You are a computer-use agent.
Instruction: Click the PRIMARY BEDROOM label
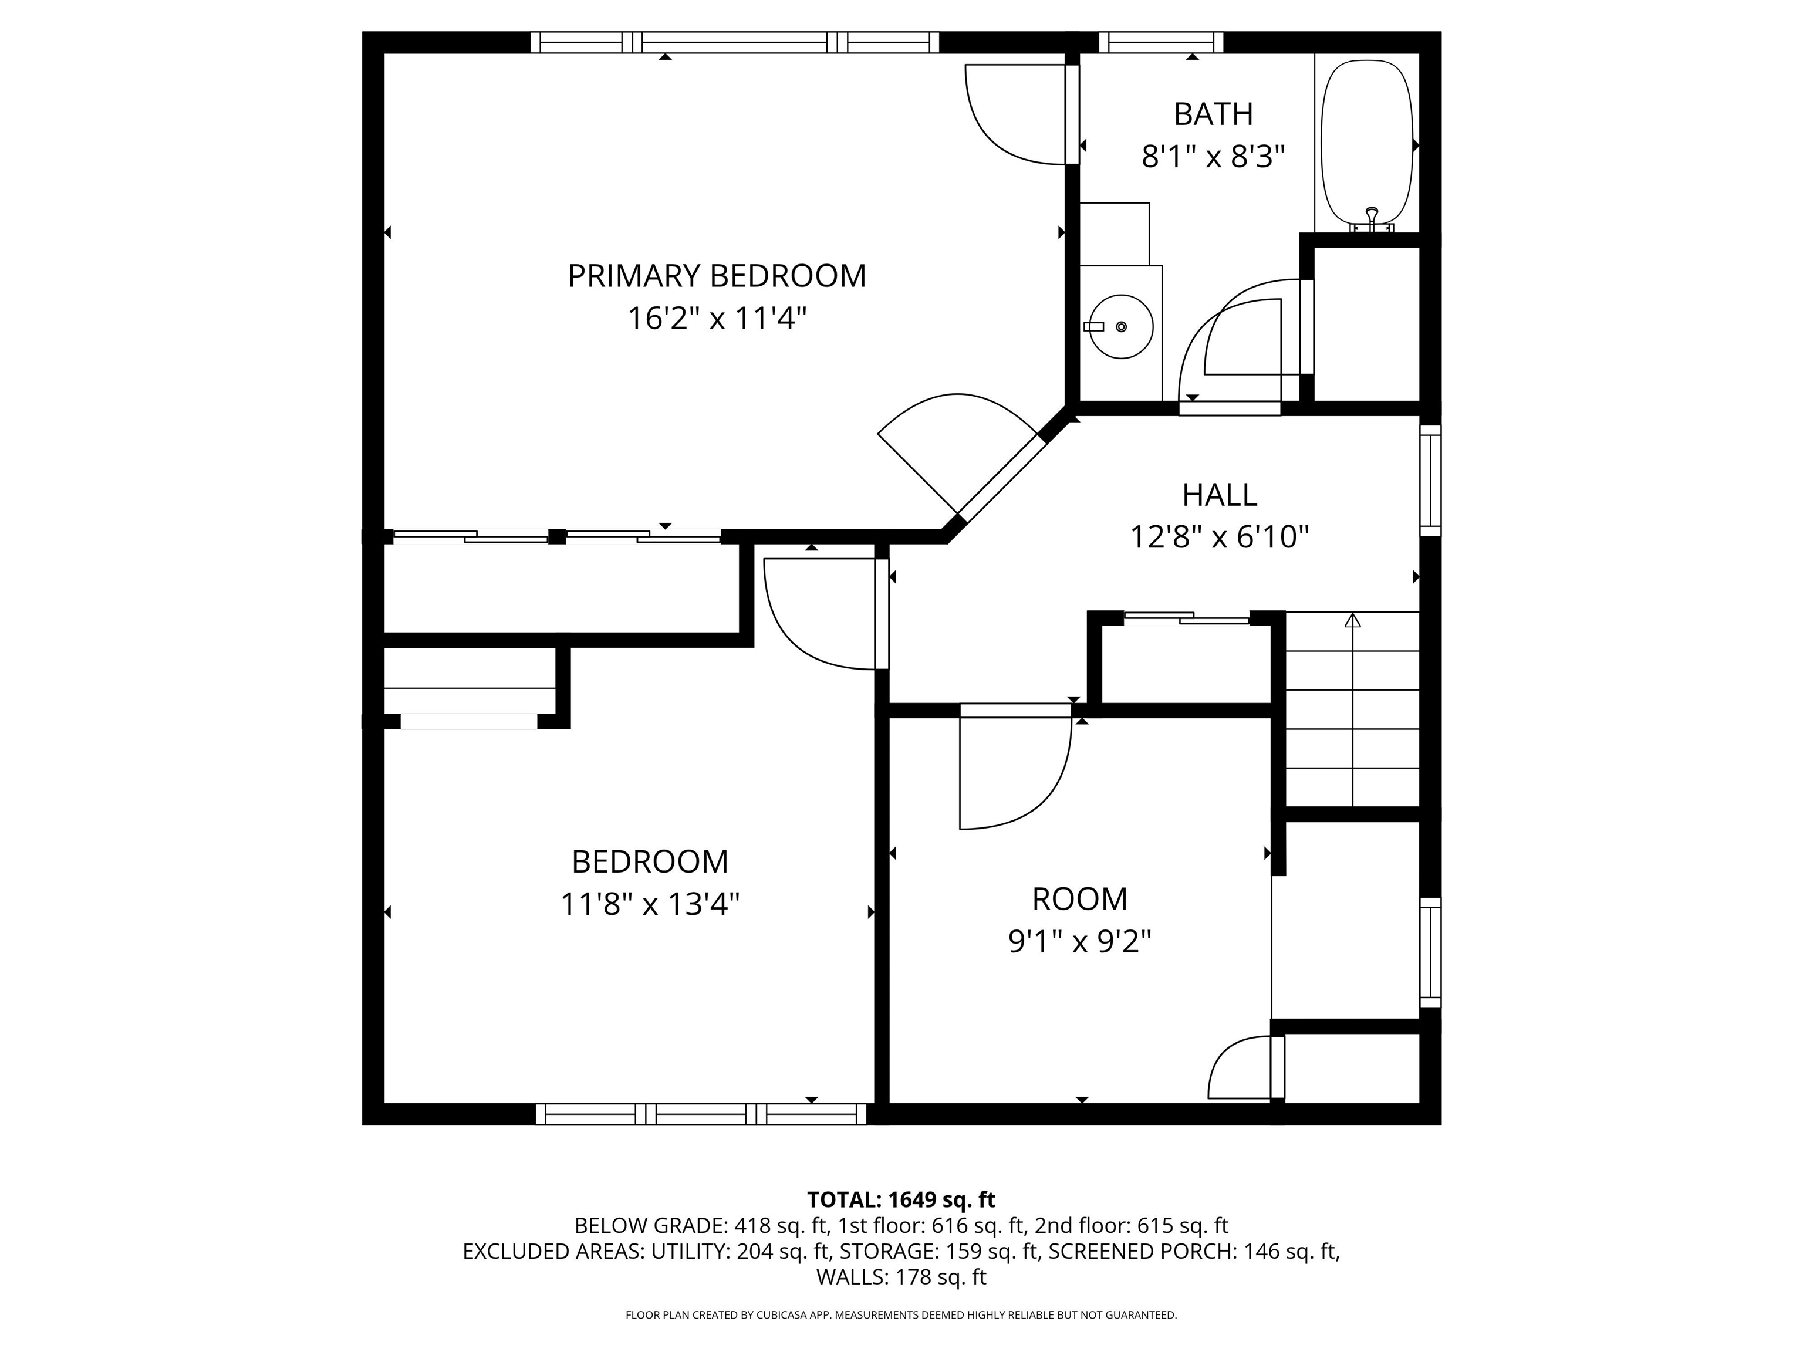click(717, 276)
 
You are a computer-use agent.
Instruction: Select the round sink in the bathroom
click(1122, 327)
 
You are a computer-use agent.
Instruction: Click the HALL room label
click(1220, 495)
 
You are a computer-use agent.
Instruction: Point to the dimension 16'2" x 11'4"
click(717, 319)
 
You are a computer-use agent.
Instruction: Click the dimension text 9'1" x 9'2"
click(1080, 942)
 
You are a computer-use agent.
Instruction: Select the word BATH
click(1213, 114)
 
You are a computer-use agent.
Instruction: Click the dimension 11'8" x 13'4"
click(650, 904)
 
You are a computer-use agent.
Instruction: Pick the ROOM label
click(1080, 900)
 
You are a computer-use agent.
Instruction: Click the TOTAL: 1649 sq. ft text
click(901, 1199)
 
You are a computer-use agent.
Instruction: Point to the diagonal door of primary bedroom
click(1002, 479)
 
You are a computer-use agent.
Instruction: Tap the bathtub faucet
click(1372, 218)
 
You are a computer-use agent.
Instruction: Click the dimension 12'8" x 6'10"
click(1220, 537)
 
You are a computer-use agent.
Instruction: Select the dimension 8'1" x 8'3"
click(1213, 157)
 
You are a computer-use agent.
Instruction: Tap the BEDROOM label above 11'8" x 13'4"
click(650, 861)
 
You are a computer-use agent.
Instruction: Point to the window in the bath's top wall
click(1162, 42)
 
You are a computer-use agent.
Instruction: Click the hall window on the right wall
click(1430, 480)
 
